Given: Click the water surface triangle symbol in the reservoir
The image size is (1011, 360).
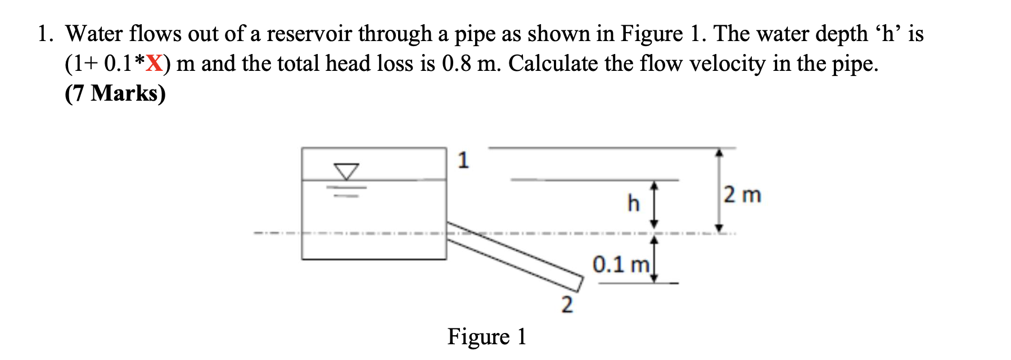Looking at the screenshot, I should point(346,171).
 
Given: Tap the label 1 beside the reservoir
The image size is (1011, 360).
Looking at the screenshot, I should point(463,160).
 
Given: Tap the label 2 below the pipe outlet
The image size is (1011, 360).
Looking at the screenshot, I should point(567,305).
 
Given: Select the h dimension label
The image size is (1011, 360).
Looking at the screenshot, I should point(633,202).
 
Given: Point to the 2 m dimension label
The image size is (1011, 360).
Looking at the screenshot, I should point(742,195).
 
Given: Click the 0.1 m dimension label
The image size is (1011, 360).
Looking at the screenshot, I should point(621,264).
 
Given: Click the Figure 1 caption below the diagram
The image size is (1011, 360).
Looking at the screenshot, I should point(486,336).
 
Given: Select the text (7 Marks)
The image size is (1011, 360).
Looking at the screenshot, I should point(115,93).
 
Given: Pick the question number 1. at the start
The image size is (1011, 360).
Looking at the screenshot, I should point(46,34).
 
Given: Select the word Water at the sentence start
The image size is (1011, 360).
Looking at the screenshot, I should point(94,34).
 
